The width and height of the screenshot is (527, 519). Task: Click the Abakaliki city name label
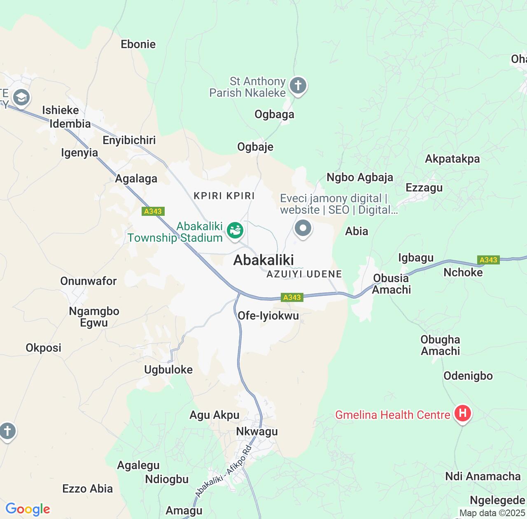pyautogui.click(x=263, y=260)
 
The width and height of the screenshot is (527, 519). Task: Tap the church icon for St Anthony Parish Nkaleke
pyautogui.click(x=298, y=86)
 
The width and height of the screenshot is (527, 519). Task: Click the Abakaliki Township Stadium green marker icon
pyautogui.click(x=236, y=230)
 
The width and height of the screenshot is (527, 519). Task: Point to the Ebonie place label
pyautogui.click(x=138, y=44)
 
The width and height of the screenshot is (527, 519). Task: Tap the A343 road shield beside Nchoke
pyautogui.click(x=488, y=260)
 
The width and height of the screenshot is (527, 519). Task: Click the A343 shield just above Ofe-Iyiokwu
pyautogui.click(x=292, y=297)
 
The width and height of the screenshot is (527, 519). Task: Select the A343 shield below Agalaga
pyautogui.click(x=153, y=211)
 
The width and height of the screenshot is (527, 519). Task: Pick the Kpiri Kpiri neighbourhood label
pyautogui.click(x=224, y=196)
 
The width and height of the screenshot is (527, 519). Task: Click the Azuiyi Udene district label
pyautogui.click(x=304, y=274)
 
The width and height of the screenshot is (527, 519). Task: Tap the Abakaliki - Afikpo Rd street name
pyautogui.click(x=223, y=471)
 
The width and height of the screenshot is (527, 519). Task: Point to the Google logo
pyautogui.click(x=28, y=509)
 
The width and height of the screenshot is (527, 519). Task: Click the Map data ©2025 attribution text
pyautogui.click(x=492, y=513)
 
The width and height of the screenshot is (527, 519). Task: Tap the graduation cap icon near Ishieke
pyautogui.click(x=21, y=98)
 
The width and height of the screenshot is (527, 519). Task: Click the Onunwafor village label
pyautogui.click(x=89, y=281)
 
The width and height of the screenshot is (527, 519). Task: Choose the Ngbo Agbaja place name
pyautogui.click(x=360, y=178)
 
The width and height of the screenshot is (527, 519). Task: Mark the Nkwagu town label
pyautogui.click(x=257, y=431)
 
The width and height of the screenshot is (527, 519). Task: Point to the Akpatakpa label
pyautogui.click(x=452, y=159)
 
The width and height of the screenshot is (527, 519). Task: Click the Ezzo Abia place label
pyautogui.click(x=87, y=489)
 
